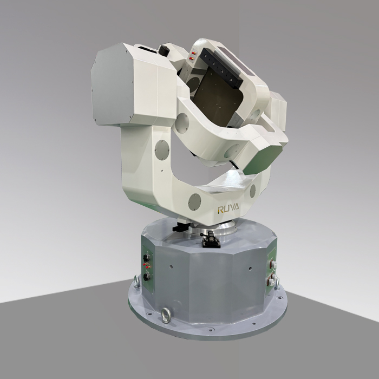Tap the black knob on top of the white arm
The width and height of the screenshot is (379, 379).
pos(164,50)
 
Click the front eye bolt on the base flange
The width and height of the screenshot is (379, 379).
pos(166,315)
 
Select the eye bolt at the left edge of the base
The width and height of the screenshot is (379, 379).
pos(136,281)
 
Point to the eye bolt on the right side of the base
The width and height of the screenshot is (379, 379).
pos(277,283)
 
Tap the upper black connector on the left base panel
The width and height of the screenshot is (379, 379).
pos(146,258)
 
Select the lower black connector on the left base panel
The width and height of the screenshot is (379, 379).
pos(146,277)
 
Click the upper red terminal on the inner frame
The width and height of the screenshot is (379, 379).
pos(193,53)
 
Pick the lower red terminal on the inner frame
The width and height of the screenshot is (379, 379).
pos(191,58)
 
